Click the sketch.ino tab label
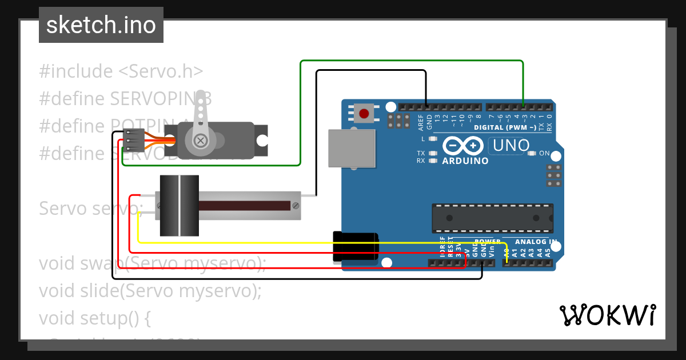[x=101, y=25]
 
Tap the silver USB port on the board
[x=352, y=148]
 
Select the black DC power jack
[x=355, y=247]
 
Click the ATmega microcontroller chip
[x=492, y=218]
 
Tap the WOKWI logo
[x=607, y=315]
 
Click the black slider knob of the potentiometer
[x=179, y=206]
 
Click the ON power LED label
[x=544, y=153]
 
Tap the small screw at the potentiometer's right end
[x=295, y=205]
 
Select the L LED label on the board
[x=423, y=139]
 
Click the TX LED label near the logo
[x=421, y=153]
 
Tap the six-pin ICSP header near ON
[x=553, y=175]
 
